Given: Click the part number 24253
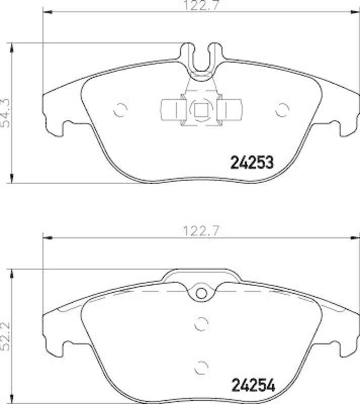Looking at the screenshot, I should [x=252, y=163].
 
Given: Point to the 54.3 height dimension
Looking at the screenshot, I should [x=6, y=114].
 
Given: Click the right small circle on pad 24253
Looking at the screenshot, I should [x=282, y=108].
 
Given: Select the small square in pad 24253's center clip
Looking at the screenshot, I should [x=201, y=109].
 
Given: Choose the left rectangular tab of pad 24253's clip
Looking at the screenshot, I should [x=170, y=109].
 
